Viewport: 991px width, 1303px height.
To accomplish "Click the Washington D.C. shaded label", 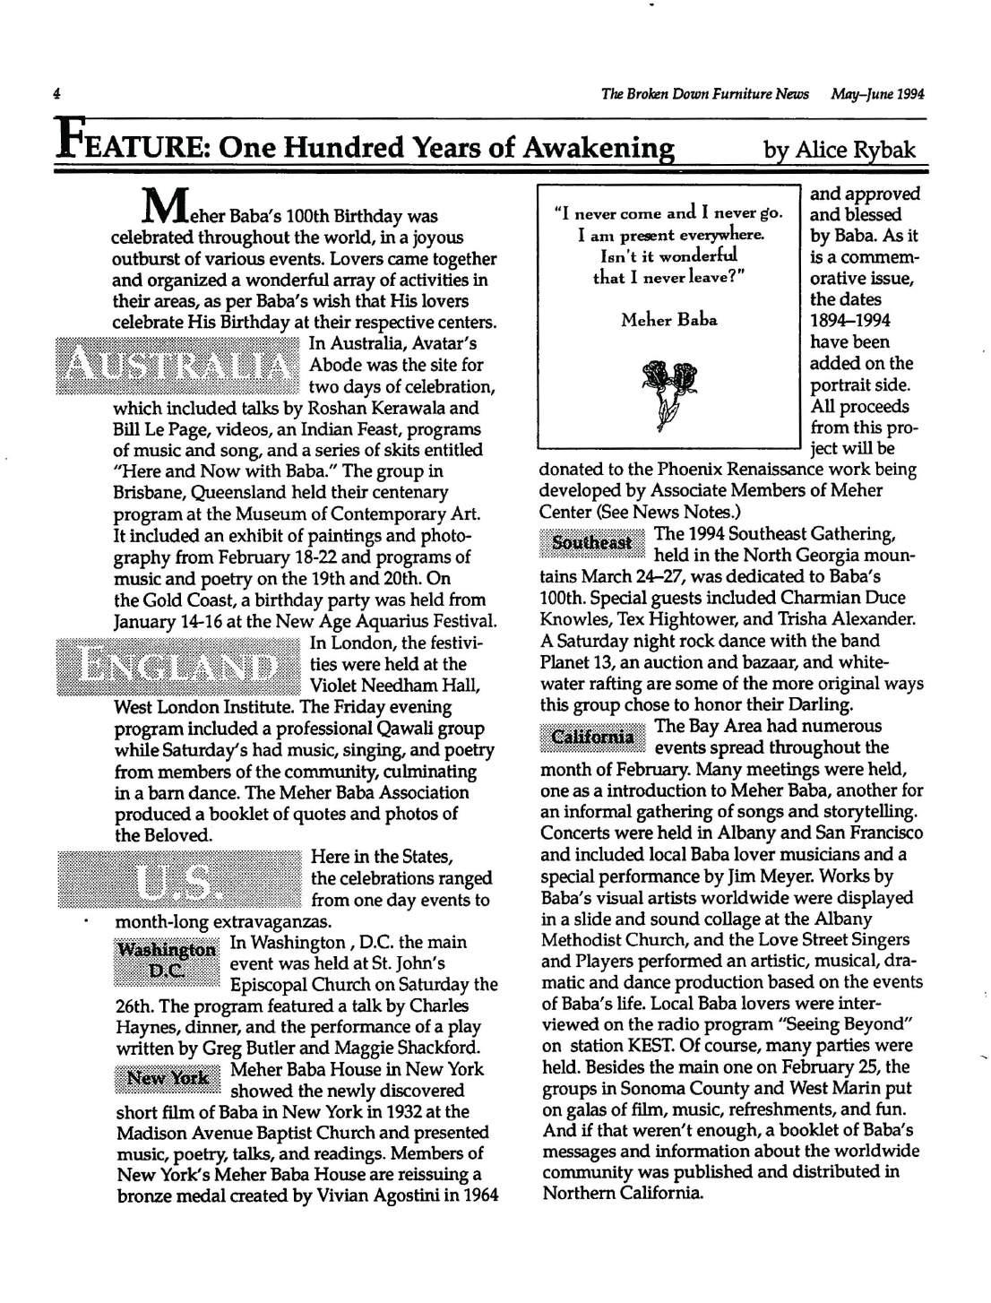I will click(x=168, y=963).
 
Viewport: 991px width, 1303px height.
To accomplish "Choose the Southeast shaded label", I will click(x=591, y=543).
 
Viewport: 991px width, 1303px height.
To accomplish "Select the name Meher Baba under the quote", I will click(x=668, y=319).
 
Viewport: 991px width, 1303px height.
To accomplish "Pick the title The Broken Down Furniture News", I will click(x=705, y=94).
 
